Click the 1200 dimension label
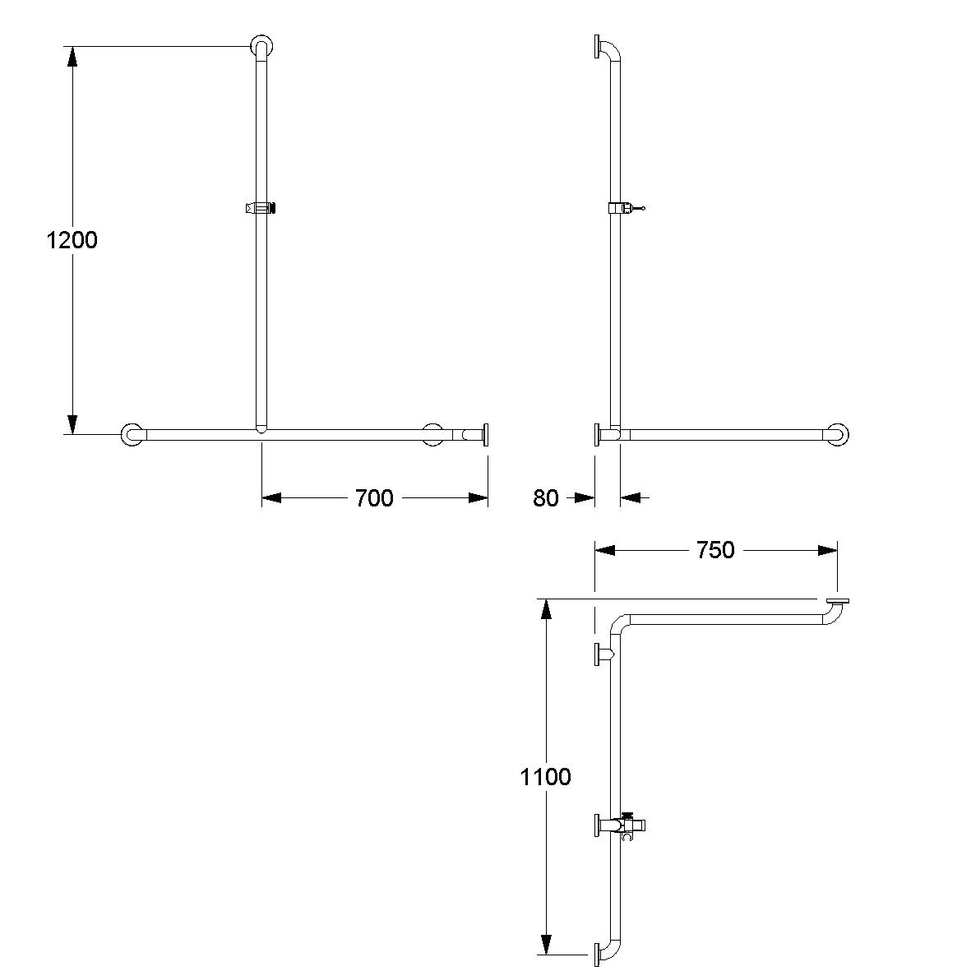(72, 241)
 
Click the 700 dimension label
(374, 497)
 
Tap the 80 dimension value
(546, 497)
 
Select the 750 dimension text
(715, 550)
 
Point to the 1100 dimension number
(546, 776)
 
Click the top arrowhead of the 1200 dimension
(72, 56)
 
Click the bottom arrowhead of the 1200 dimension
(72, 424)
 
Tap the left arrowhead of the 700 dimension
(271, 497)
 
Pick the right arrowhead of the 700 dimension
(479, 497)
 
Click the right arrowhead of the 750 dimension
(828, 550)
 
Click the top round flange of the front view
(262, 46)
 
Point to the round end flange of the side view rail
(838, 434)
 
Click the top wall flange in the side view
(595, 46)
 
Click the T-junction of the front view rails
(261, 430)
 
